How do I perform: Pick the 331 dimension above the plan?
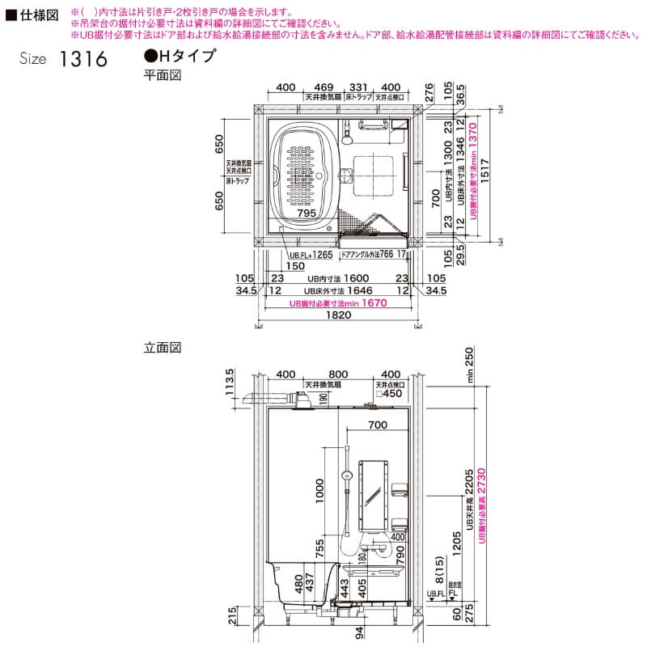coord(358,87)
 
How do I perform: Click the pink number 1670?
coord(374,303)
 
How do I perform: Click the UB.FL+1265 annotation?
coord(311,255)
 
